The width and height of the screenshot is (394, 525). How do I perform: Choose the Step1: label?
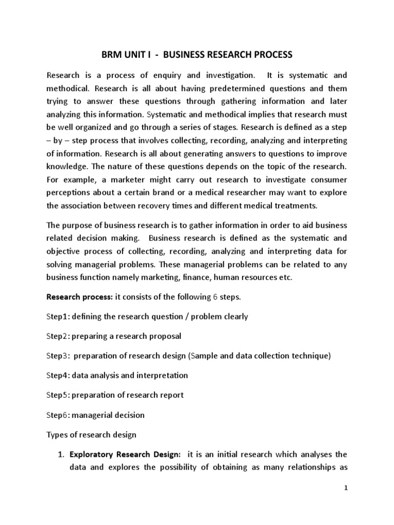58,316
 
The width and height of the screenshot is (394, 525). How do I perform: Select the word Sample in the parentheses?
203,356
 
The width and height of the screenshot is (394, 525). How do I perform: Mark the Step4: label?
58,375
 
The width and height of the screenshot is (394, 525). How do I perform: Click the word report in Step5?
170,395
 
